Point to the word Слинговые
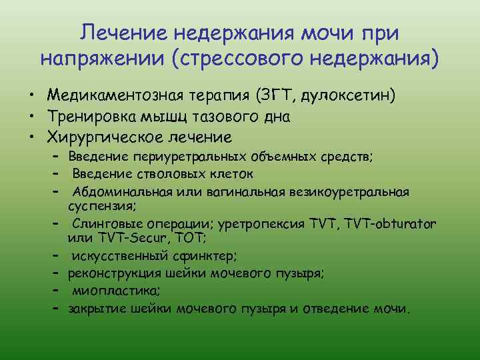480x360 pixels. click(99, 223)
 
